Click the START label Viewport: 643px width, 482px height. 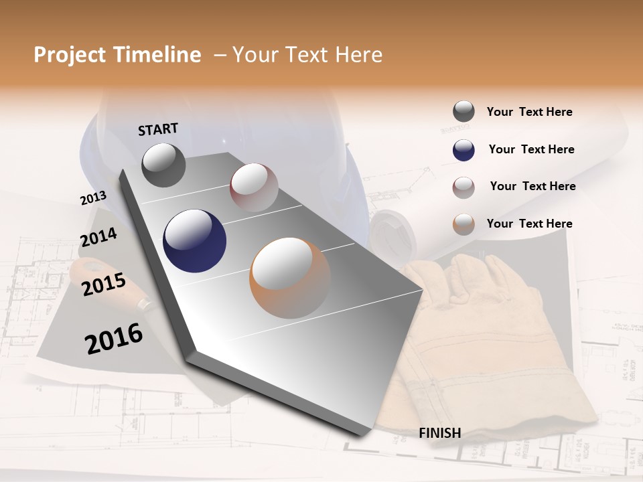tap(158, 129)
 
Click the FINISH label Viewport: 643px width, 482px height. tap(439, 433)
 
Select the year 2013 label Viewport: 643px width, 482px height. tap(93, 198)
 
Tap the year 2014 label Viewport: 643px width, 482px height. tap(98, 238)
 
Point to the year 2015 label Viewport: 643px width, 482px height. tap(104, 285)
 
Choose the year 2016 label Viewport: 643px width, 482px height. tap(114, 339)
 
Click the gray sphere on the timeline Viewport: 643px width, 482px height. tap(163, 165)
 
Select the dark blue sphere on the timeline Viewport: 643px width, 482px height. tap(195, 241)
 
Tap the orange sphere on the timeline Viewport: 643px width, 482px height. tap(290, 278)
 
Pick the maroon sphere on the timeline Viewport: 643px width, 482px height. tap(254, 187)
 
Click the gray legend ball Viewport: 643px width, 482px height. tap(463, 112)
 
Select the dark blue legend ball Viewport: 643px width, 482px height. tap(463, 150)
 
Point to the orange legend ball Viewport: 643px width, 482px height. tap(463, 224)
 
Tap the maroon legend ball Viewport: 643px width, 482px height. tap(463, 187)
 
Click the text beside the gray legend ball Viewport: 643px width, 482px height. tap(529, 112)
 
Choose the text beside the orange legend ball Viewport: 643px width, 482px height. tap(529, 224)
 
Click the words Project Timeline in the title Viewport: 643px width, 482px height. tap(117, 55)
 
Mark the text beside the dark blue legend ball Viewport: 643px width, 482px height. tap(531, 149)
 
